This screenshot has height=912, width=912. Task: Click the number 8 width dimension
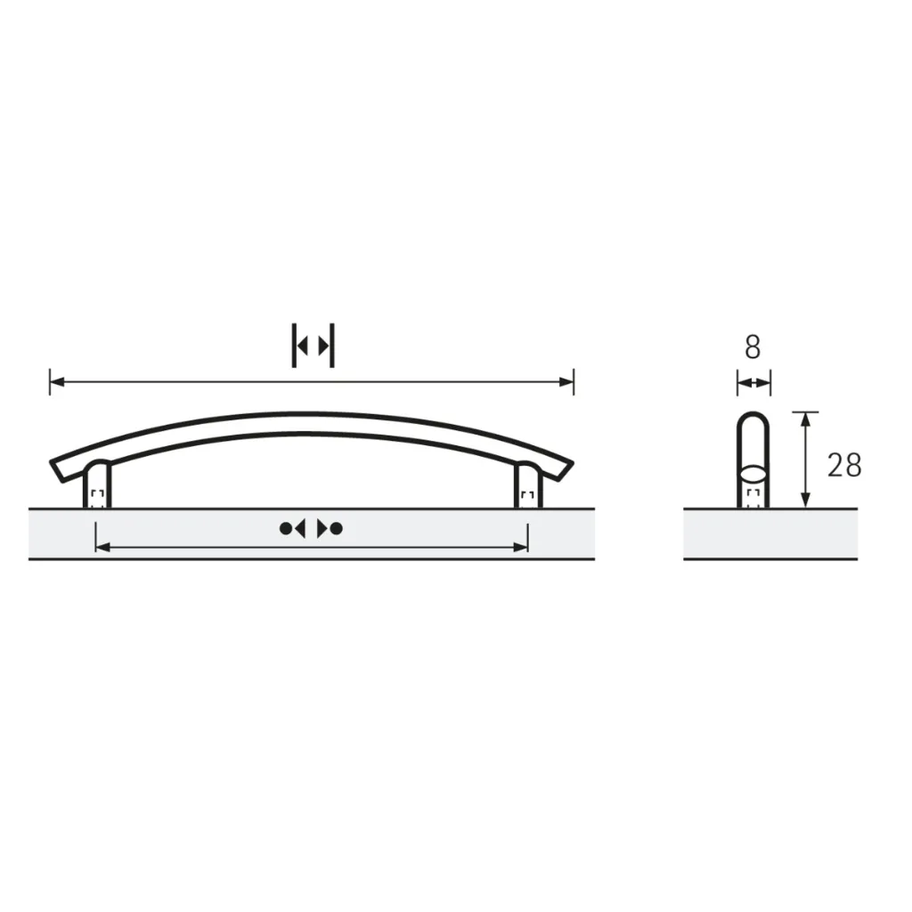[753, 347]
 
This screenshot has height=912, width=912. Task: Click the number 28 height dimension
[844, 465]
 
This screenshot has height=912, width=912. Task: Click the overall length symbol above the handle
[313, 346]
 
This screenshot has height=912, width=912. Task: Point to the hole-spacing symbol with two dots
[311, 528]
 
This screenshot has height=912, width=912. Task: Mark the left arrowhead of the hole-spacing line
[102, 546]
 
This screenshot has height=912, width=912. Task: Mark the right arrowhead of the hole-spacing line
[522, 546]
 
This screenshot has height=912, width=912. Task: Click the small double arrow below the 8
[753, 383]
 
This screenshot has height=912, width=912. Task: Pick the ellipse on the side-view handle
[753, 472]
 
